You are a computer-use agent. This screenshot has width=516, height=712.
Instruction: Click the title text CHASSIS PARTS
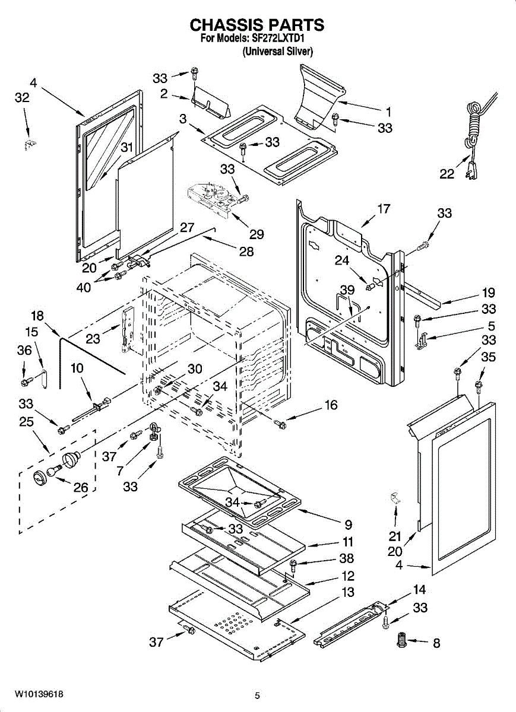(257, 25)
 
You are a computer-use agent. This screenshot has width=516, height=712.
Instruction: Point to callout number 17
(384, 209)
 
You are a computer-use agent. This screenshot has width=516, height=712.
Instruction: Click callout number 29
(257, 234)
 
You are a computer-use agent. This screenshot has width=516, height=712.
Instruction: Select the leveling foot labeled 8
(403, 639)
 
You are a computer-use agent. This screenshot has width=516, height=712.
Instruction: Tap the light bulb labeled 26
(55, 471)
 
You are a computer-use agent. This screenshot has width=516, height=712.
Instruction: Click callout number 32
(22, 97)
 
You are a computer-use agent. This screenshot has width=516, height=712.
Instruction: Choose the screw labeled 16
(280, 424)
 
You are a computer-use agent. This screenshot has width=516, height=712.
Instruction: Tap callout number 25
(26, 422)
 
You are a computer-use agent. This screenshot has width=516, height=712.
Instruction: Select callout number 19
(489, 293)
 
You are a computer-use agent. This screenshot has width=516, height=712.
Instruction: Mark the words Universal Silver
(277, 52)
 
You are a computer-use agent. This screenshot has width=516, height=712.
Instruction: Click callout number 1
(388, 112)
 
